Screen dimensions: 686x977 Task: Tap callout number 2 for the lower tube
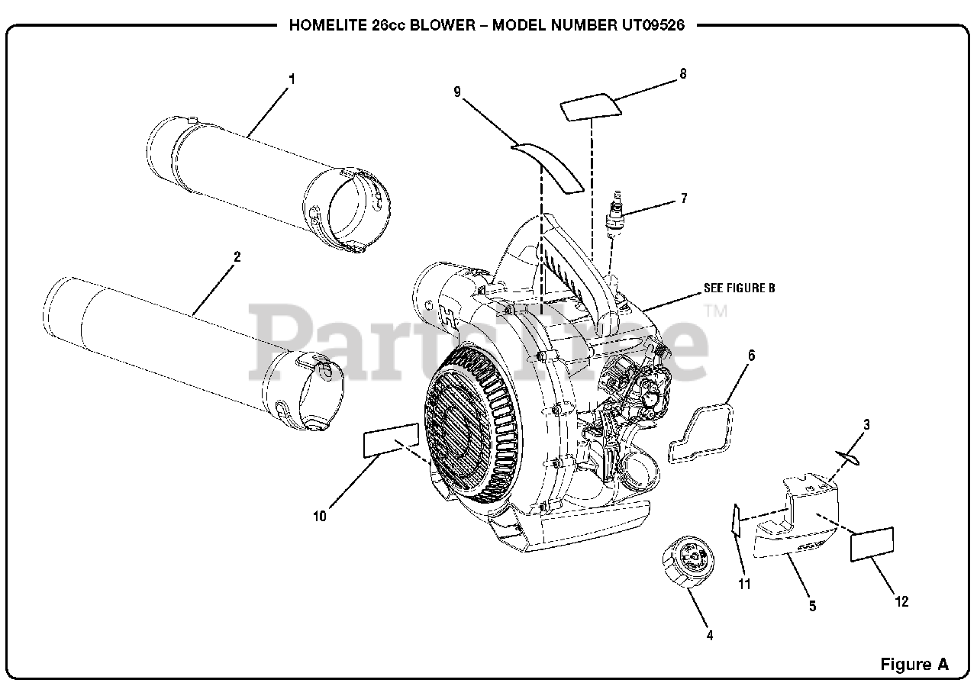click(237, 256)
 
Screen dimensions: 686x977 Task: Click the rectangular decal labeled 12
click(872, 544)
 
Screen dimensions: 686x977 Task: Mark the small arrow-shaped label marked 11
click(735, 521)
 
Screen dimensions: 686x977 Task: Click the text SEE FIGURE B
click(739, 288)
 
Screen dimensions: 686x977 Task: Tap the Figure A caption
click(914, 663)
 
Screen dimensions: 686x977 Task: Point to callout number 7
click(683, 198)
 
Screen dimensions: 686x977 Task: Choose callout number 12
click(901, 601)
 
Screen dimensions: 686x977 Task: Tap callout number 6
click(751, 355)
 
